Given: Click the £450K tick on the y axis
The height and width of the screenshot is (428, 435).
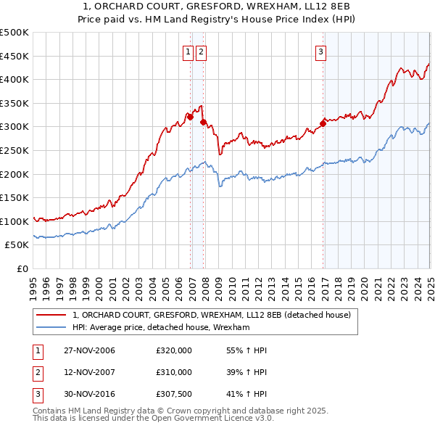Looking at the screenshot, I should pos(15,56).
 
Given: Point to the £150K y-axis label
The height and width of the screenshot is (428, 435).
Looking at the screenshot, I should pos(15,197).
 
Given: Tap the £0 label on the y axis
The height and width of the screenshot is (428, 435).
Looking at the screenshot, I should pos(21,268).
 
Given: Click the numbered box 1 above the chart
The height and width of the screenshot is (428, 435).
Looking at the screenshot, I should pos(188,51).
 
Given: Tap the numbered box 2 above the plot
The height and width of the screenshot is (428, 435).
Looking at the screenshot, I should pos(200,51).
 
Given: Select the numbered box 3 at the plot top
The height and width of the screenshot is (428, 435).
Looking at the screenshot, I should pos(320,51).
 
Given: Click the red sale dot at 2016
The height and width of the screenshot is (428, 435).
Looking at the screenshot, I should pos(323,123).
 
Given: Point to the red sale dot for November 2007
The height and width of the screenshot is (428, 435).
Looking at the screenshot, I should pos(204,122).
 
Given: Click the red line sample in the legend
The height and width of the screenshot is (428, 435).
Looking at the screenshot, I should pos(51,315).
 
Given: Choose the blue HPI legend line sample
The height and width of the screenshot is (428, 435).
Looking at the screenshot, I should pos(51,327).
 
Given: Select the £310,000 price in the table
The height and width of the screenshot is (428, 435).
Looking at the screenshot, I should pos(174,371).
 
